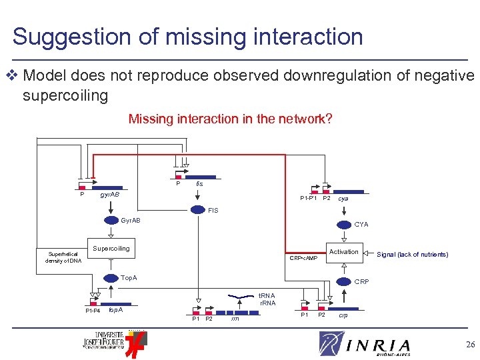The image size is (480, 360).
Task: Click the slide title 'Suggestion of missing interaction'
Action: [x=187, y=36]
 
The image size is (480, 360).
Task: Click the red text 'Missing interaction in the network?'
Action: [x=230, y=119]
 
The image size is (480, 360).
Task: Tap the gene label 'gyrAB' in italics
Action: [x=109, y=195]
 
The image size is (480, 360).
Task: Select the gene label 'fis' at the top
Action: [x=199, y=184]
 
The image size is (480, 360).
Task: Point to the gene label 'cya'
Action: [x=343, y=199]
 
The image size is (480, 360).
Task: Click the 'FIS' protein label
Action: [x=213, y=210]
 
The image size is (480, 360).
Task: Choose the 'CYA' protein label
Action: [x=361, y=225]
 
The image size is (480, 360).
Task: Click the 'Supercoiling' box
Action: [x=111, y=249]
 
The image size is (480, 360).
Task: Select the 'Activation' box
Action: [x=343, y=252]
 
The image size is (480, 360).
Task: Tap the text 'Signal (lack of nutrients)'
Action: [x=412, y=255]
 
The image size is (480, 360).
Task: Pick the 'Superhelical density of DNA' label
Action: [x=62, y=257]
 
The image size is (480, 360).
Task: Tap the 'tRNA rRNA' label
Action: [x=267, y=299]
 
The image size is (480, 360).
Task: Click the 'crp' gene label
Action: [x=343, y=315]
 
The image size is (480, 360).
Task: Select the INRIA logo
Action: [x=364, y=344]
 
